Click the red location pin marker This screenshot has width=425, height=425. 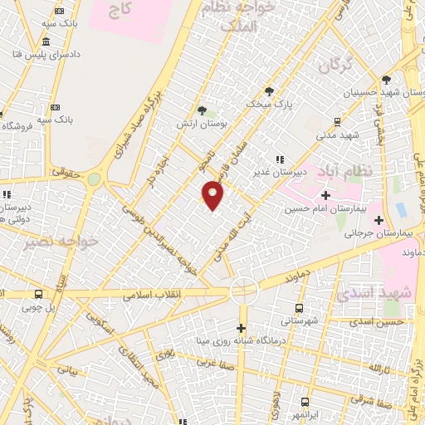213,196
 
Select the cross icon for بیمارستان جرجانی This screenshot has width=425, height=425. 379,220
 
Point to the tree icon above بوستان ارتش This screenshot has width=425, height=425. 202,109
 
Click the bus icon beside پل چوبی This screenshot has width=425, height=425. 39,294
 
